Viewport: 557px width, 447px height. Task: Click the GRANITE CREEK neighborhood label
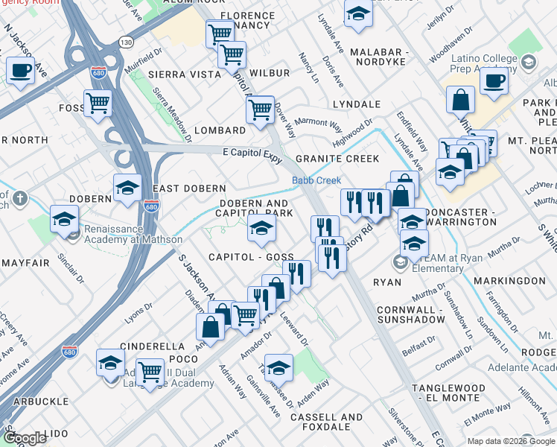coord(337,159)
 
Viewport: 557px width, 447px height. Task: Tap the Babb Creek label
coord(316,180)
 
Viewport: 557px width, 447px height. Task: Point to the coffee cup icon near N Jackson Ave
coord(20,71)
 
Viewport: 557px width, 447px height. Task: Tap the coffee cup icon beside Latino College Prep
coord(493,81)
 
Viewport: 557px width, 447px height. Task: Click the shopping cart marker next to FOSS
coord(98,104)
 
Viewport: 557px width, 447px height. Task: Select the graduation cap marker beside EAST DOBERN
coord(127,187)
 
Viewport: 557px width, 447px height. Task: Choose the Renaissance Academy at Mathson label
coord(132,240)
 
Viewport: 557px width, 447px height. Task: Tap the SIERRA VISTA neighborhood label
coord(184,74)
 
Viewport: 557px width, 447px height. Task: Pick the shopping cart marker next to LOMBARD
coord(260,110)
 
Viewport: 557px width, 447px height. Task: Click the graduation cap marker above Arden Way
coord(278,368)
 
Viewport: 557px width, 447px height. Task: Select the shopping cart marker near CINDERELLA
coord(150,370)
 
